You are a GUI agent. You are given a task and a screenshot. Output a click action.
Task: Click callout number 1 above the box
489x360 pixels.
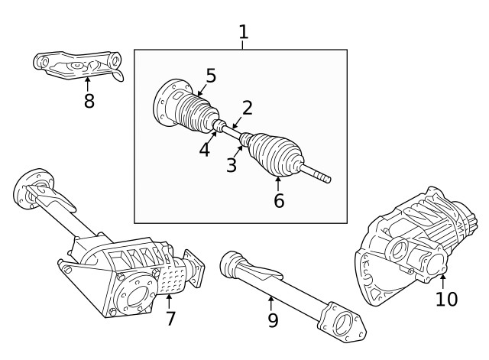243,32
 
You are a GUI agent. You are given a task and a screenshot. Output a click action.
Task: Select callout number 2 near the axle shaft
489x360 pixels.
247,108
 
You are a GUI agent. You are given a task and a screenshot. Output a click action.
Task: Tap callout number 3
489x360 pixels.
231,165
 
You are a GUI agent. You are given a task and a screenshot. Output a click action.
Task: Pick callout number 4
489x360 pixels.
204,149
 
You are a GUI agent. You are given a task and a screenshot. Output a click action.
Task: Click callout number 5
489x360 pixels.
211,76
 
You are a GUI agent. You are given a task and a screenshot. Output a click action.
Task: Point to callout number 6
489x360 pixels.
278,201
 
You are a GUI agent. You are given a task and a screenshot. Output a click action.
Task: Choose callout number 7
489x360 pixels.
170,318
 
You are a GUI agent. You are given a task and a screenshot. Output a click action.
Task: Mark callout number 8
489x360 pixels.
89,101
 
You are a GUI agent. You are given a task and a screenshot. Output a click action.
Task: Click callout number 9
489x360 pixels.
273,320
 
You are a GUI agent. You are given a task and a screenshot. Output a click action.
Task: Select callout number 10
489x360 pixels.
446,299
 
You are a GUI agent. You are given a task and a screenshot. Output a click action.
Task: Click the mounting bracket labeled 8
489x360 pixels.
76,65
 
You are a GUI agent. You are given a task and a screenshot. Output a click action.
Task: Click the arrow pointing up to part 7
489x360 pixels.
170,298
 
